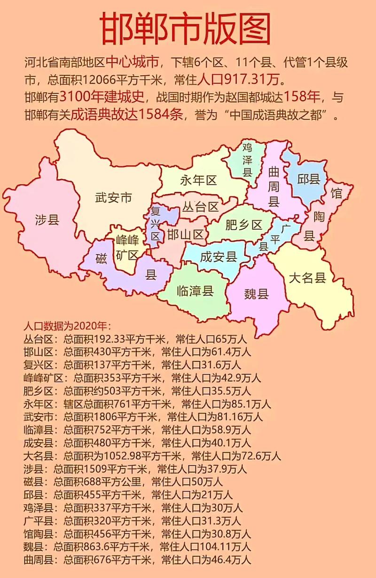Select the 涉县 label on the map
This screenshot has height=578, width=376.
click(47, 219)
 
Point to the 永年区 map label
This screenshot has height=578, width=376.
click(198, 180)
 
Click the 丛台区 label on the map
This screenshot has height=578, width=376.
click(201, 207)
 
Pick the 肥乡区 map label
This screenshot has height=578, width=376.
click(243, 225)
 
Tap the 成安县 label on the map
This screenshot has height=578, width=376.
click(218, 257)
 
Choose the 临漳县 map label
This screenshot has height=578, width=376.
click(195, 291)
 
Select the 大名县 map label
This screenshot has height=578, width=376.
click(307, 278)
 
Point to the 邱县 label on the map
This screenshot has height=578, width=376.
click(309, 179)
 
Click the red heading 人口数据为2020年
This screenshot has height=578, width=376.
click(66, 326)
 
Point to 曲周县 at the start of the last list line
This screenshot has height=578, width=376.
click(40, 560)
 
